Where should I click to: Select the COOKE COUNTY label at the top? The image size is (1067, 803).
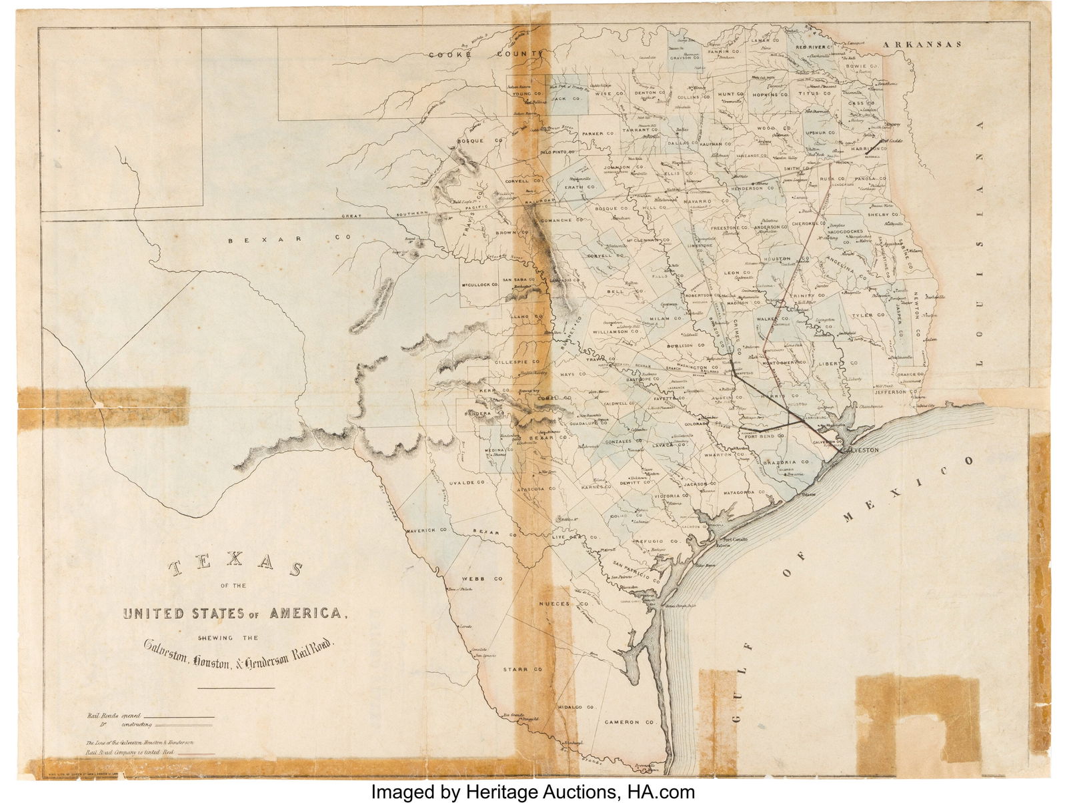click(486, 55)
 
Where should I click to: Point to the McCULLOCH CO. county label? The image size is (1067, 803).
click(480, 285)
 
